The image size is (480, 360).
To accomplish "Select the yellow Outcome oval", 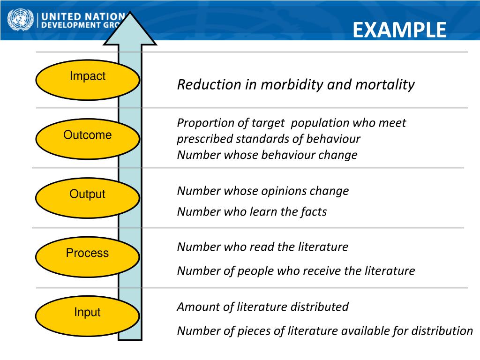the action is click(87, 139).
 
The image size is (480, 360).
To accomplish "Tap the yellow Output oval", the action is click(87, 198).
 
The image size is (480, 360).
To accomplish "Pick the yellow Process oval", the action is click(87, 257).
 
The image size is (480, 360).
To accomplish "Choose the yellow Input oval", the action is click(87, 316).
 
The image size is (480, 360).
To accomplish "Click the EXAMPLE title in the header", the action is click(399, 30).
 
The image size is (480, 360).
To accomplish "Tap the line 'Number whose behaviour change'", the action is click(267, 155).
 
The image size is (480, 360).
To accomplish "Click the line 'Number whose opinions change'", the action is click(262, 191).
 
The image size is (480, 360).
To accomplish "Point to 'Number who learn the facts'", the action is click(252, 212).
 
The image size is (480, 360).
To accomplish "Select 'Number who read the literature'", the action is click(262, 247).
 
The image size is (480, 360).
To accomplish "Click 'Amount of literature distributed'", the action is click(262, 307).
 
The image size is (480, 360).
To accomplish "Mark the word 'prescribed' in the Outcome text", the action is click(204, 139).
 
